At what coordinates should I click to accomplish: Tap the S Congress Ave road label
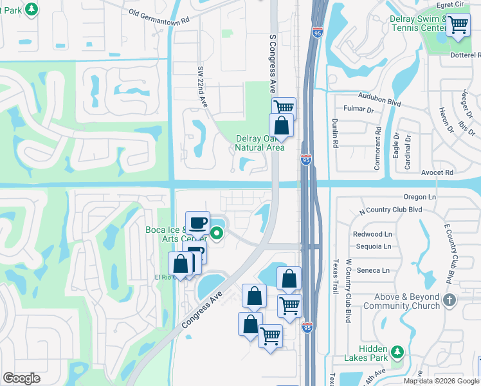pyautogui.click(x=273, y=64)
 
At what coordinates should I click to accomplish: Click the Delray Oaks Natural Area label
pyautogui.click(x=259, y=143)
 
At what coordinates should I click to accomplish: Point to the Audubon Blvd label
pyautogui.click(x=381, y=102)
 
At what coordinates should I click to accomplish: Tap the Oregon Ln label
pyautogui.click(x=420, y=197)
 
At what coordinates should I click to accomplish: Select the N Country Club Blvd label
pyautogui.click(x=390, y=210)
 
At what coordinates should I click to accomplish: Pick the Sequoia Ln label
pyautogui.click(x=373, y=246)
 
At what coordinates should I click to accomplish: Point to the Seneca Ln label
pyautogui.click(x=373, y=270)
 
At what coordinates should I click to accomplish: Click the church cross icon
pyautogui.click(x=449, y=299)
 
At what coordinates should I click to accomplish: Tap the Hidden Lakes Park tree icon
pyautogui.click(x=397, y=351)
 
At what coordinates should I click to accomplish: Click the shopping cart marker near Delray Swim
pyautogui.click(x=458, y=26)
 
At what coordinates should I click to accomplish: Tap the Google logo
pyautogui.click(x=21, y=378)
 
